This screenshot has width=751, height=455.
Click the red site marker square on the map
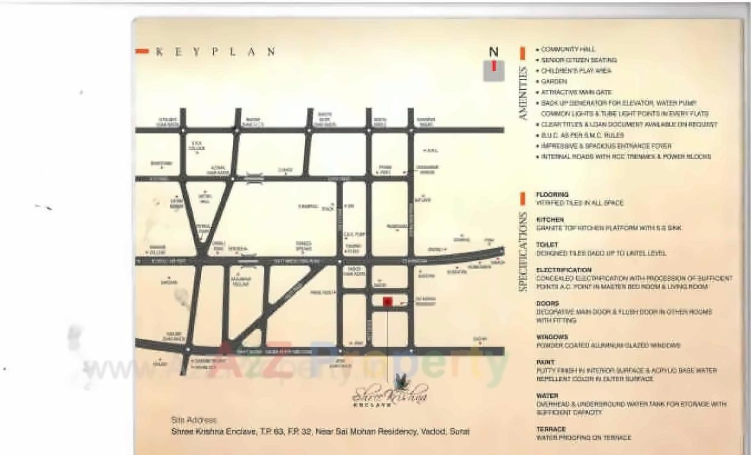tap(387, 302)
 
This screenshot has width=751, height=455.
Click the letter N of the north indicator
tap(494, 53)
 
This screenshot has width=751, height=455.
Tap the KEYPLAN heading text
tap(215, 52)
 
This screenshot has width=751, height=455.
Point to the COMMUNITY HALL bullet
tap(568, 49)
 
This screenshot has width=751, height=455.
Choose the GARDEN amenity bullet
tap(554, 81)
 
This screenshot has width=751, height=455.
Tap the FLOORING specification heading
tap(552, 194)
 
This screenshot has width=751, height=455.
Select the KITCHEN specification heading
tap(550, 219)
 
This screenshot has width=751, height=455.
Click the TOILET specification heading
tap(547, 244)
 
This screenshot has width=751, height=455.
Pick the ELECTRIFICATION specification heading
tap(564, 270)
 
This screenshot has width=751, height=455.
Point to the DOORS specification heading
tap(547, 303)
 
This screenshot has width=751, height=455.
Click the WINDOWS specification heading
tap(552, 337)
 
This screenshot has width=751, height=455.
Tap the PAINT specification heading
tap(545, 362)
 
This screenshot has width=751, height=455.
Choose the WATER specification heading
tap(547, 395)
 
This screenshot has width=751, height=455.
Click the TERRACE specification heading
tap(551, 429)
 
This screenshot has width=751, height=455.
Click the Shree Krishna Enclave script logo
tap(390, 392)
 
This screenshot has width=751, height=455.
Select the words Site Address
tap(194, 420)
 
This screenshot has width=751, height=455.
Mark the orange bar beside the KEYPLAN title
tap(141, 52)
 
